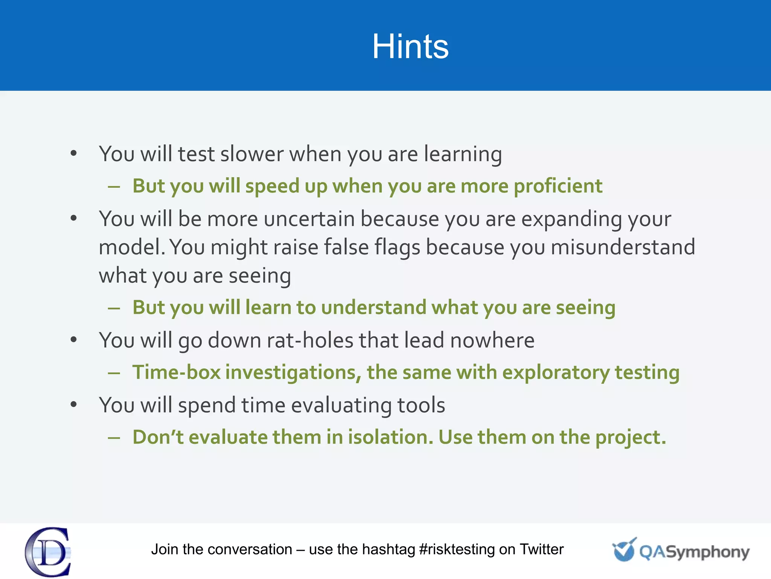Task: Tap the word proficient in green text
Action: tap(558, 186)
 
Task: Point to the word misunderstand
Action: tap(623, 247)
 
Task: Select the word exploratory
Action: tap(556, 373)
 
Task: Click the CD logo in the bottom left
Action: tap(48, 552)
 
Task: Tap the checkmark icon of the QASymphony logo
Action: tap(624, 550)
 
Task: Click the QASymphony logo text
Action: tap(694, 552)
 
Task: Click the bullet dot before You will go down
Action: tap(74, 340)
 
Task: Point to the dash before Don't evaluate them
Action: tap(114, 438)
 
